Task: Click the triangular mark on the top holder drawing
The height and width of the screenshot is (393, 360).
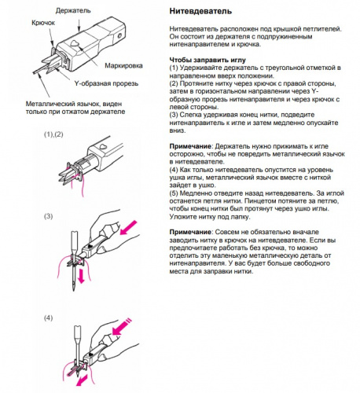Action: point(74,44)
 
